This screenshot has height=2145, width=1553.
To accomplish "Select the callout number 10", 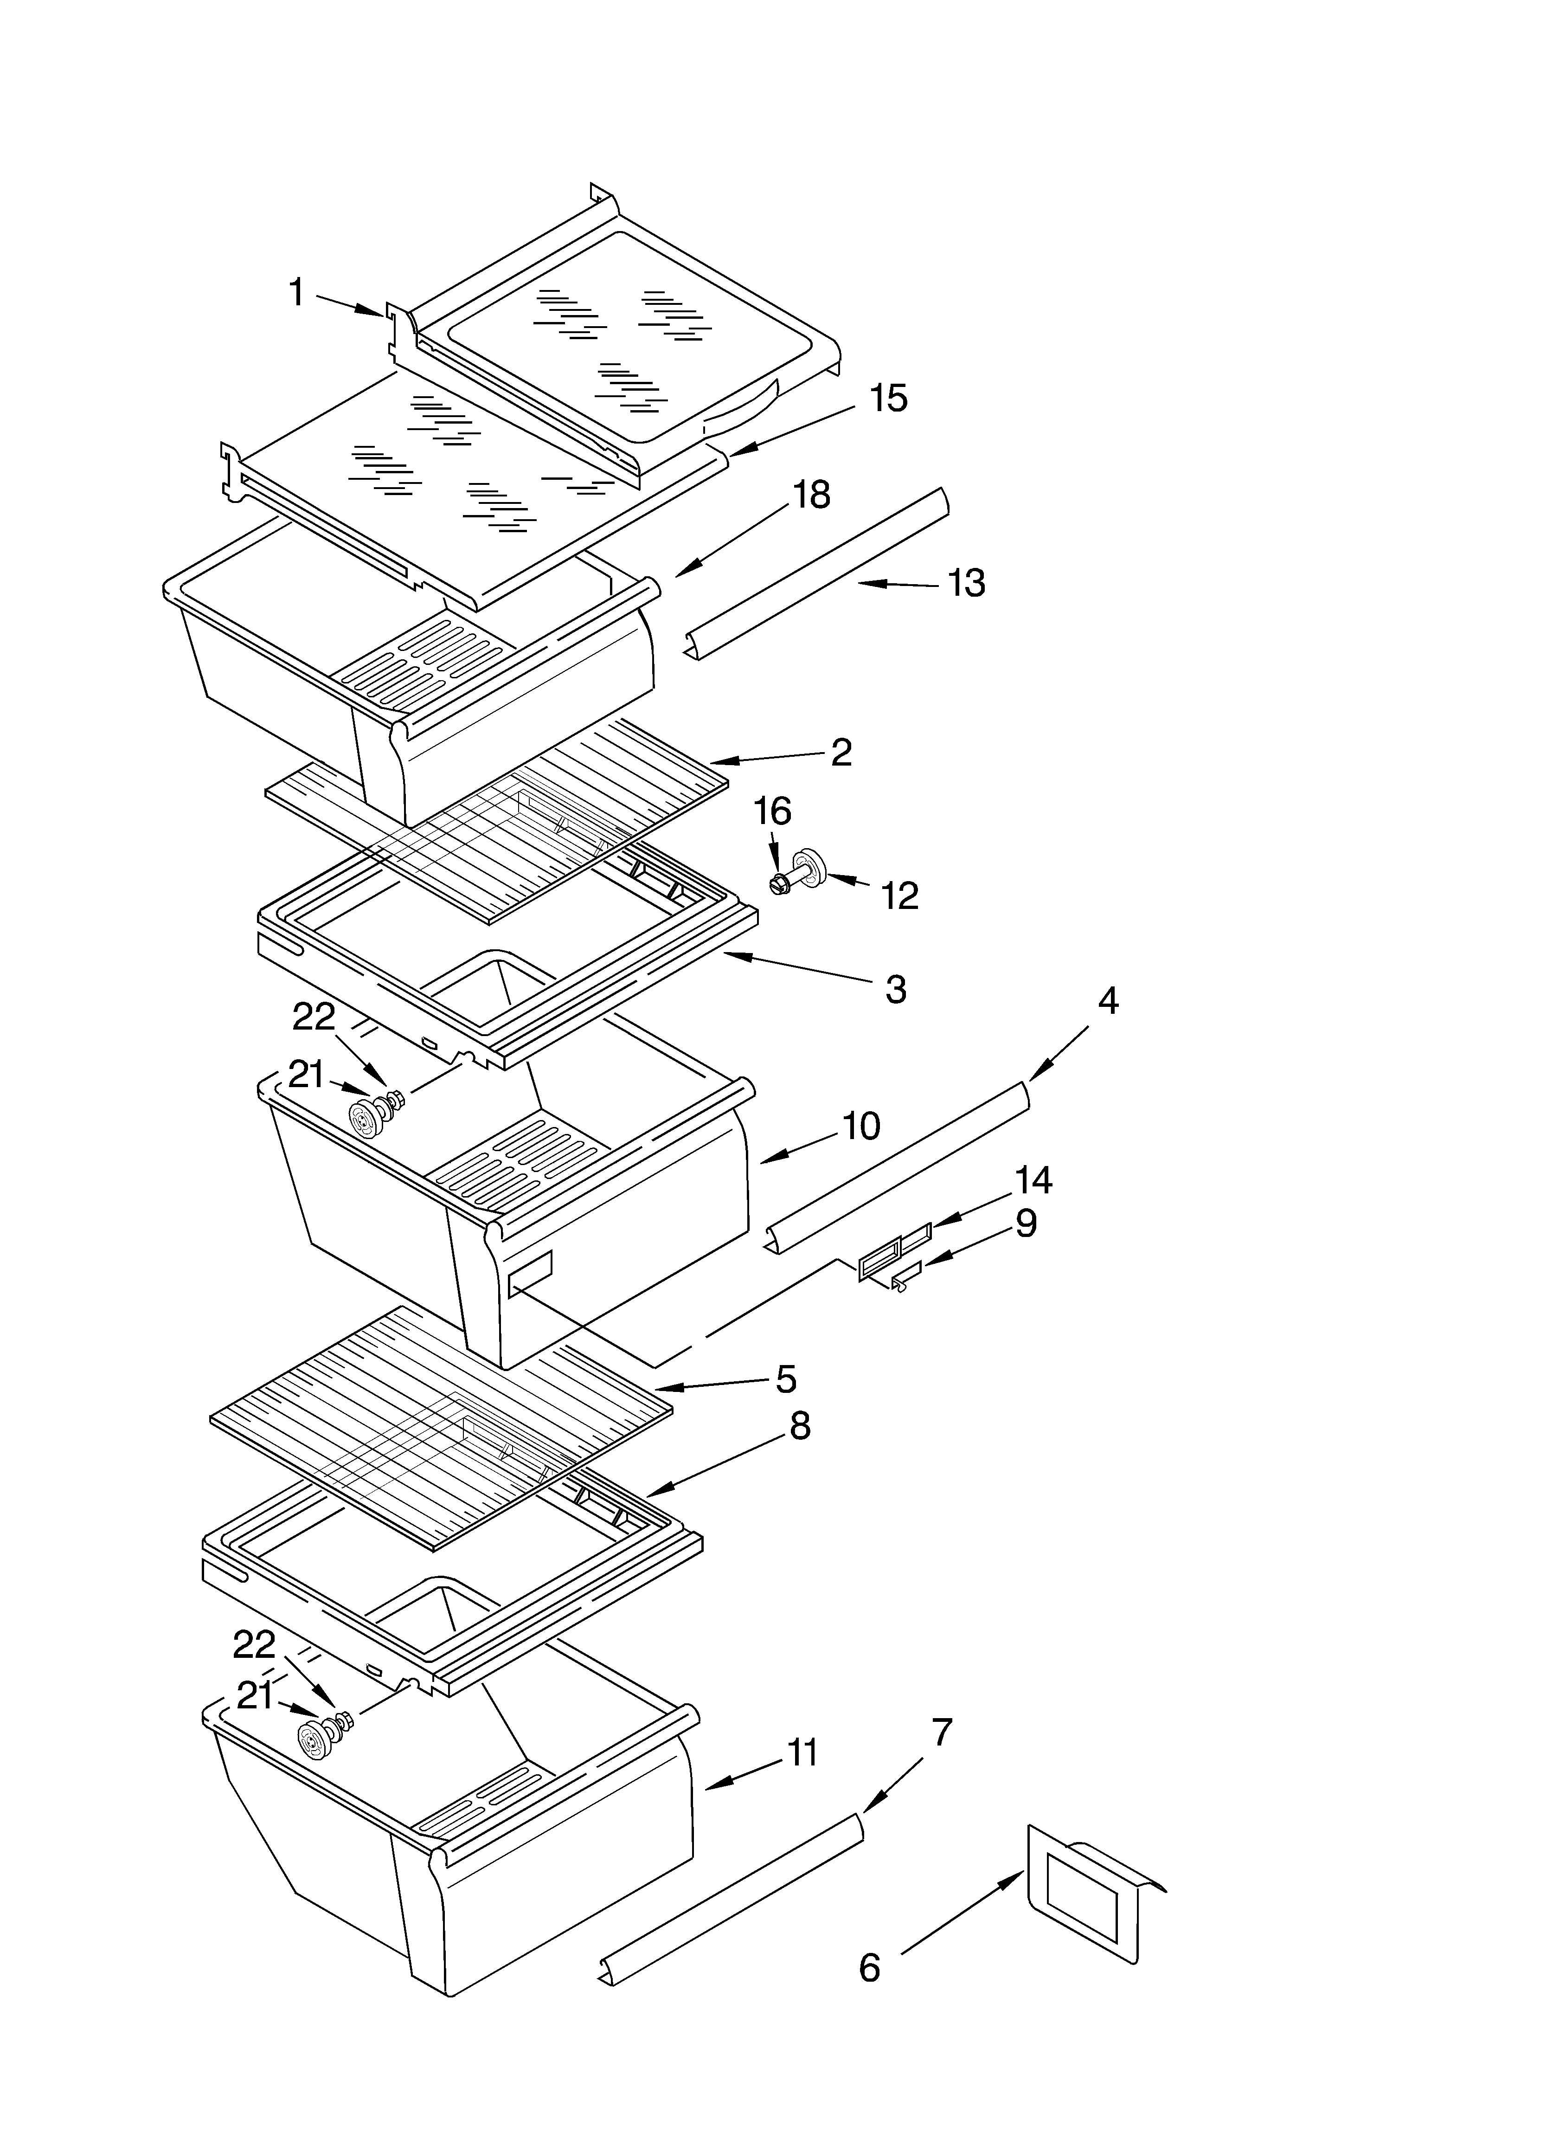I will click(860, 1126).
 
